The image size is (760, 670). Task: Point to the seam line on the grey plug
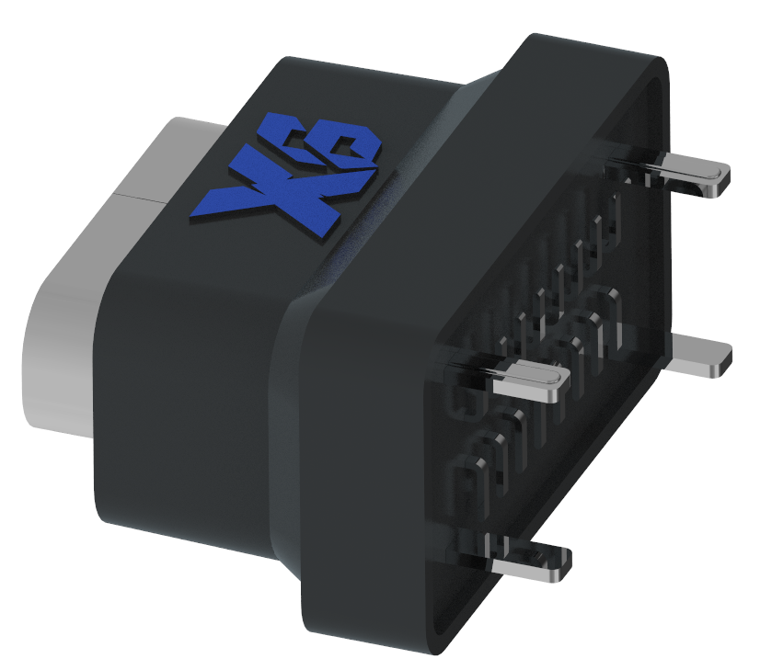pyautogui.click(x=138, y=196)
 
